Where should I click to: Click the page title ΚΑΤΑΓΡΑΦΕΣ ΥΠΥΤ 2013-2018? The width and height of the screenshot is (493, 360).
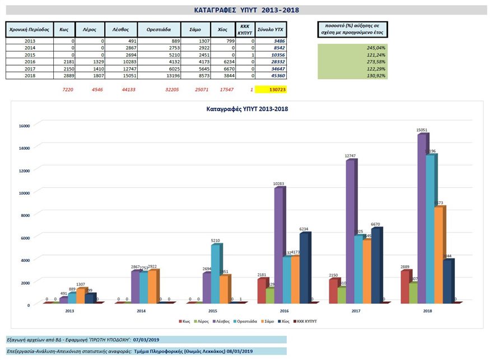(x=246, y=10)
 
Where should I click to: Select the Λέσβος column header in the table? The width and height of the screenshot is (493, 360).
(x=120, y=29)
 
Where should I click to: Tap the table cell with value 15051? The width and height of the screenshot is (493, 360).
(x=120, y=76)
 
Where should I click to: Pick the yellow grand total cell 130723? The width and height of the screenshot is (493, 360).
(x=271, y=90)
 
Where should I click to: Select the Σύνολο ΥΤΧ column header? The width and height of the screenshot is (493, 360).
(x=271, y=29)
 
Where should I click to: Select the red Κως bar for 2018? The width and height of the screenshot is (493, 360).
(x=406, y=287)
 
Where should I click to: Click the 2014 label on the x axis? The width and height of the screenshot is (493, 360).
(x=141, y=310)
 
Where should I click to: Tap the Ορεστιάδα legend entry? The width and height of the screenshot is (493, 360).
(x=245, y=321)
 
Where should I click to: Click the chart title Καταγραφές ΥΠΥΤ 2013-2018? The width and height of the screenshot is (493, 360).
(x=247, y=109)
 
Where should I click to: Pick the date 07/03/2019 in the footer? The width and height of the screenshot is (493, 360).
(x=146, y=339)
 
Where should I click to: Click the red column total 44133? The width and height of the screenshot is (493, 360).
(x=120, y=90)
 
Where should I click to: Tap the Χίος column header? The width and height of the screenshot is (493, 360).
(x=222, y=29)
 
